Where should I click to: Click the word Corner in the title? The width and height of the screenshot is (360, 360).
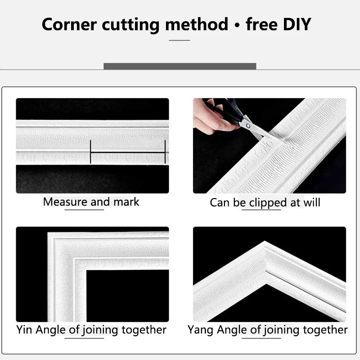(x=68, y=24)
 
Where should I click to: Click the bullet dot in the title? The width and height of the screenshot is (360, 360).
(x=237, y=25)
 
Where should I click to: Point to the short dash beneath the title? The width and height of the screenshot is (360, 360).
(x=180, y=40)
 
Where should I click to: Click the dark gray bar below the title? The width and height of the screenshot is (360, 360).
(x=180, y=66)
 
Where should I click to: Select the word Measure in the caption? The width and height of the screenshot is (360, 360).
(x=65, y=202)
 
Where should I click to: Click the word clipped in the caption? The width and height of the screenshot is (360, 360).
(x=265, y=202)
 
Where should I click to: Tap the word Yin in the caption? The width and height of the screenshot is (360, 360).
(x=24, y=330)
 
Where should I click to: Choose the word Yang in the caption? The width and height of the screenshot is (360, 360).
(x=200, y=330)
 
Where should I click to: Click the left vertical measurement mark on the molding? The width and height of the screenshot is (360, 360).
(x=90, y=152)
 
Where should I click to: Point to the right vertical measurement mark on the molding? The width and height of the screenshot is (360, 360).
(x=165, y=152)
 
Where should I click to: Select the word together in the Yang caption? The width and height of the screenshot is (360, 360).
(x=325, y=330)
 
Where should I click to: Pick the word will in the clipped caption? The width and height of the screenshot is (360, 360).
(x=311, y=202)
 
